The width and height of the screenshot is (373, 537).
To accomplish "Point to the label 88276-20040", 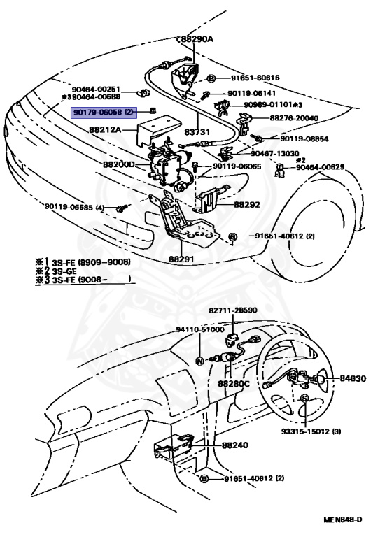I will pos(294,118).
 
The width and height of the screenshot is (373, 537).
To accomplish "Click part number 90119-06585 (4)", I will pos(75,207).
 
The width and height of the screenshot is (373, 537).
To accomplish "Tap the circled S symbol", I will pos(304,398).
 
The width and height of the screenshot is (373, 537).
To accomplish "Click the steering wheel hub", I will pos(301,378).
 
